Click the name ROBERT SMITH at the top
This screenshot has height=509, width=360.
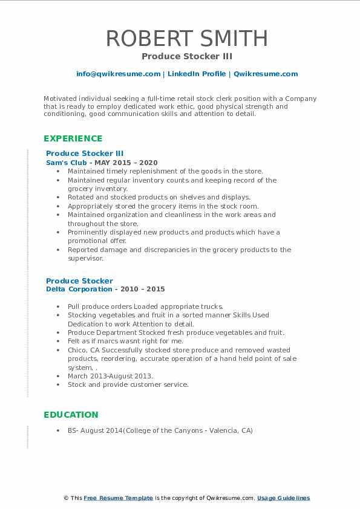tap(187, 38)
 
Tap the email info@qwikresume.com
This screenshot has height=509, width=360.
tap(118, 74)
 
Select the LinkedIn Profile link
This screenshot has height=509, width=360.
tap(196, 74)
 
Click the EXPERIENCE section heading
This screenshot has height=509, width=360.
tap(73, 138)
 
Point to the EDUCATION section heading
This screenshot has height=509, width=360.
tap(71, 415)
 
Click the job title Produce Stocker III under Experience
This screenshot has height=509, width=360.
tap(85, 154)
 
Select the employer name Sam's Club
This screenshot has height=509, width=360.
tap(68, 163)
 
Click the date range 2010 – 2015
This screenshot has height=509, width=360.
tap(144, 290)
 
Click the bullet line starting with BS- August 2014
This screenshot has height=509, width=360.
tap(160, 430)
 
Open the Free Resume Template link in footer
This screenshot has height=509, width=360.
tap(118, 498)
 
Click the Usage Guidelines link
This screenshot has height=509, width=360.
tap(283, 498)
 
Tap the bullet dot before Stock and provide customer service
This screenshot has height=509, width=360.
tap(58, 384)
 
